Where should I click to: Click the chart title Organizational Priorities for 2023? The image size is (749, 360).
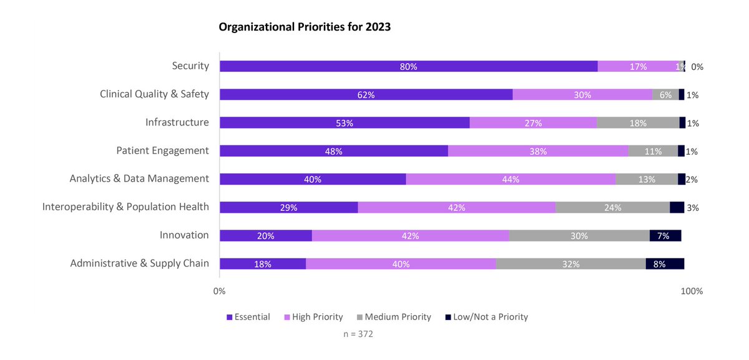[x=305, y=27]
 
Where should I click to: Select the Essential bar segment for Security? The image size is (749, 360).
[x=408, y=67]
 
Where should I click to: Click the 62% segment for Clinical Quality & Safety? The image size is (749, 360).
[x=366, y=95]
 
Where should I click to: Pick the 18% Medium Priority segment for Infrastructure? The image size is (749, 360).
[x=637, y=123]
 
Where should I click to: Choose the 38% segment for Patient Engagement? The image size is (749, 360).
[x=537, y=151]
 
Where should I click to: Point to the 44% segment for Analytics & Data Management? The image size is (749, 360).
[x=510, y=179]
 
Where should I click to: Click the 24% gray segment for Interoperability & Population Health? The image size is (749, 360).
[x=612, y=207]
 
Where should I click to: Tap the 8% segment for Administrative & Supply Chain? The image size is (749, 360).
[x=665, y=263]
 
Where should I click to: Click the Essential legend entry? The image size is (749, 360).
[x=248, y=317]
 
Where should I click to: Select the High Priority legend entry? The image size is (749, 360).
[x=313, y=317]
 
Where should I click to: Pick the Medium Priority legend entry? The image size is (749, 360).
[x=393, y=317]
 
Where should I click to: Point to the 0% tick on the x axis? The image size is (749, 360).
[x=220, y=291]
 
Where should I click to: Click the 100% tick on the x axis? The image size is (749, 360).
[x=692, y=291]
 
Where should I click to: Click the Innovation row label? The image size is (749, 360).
[x=184, y=235]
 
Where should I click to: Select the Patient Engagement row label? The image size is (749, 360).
[x=162, y=150]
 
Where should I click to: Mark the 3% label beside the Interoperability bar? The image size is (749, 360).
[x=692, y=208]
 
